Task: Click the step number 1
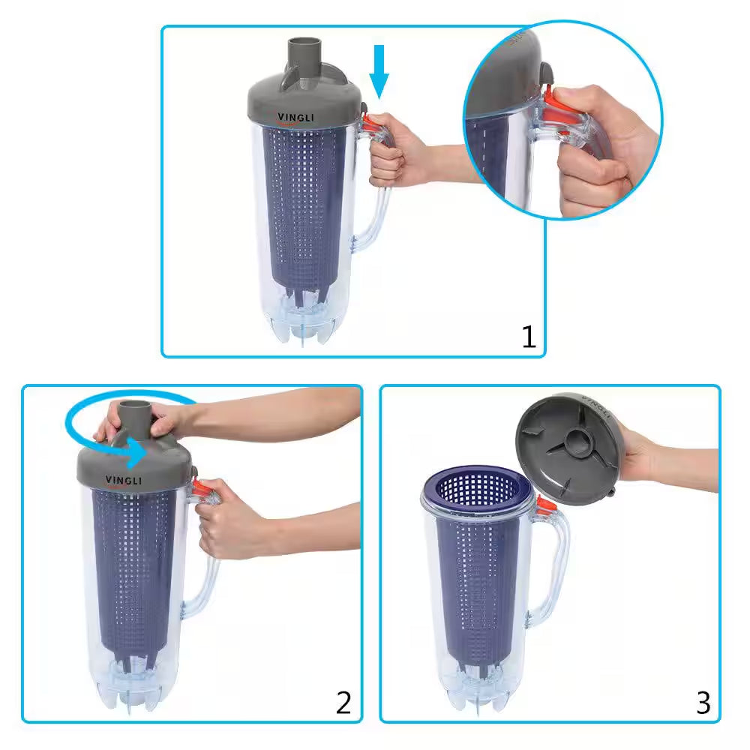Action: point(529,337)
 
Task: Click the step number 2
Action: point(343,702)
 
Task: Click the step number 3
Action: point(703,702)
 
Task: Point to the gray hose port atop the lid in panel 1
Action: point(304,57)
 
